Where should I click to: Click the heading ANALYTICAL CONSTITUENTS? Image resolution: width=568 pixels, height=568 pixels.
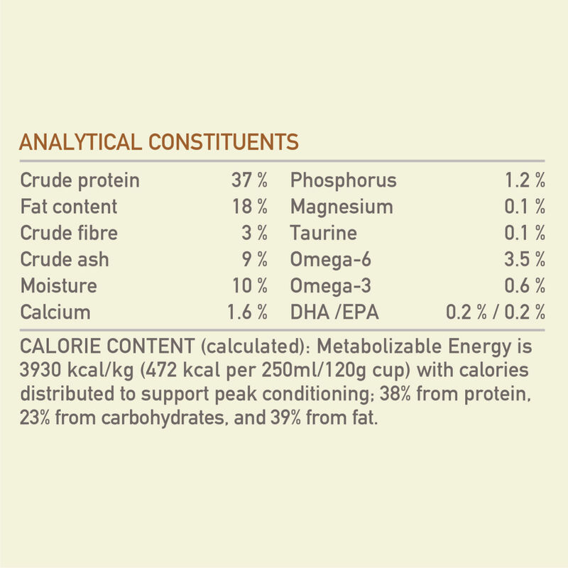tap(159, 141)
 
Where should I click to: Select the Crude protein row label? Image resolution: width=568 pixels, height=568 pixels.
tap(80, 180)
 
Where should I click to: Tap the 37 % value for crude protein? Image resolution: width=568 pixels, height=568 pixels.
tap(249, 180)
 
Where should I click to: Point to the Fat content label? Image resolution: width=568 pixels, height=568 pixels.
tap(69, 207)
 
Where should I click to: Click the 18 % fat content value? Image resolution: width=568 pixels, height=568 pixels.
tap(249, 207)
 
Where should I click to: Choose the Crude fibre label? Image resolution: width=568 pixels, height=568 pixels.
tap(69, 233)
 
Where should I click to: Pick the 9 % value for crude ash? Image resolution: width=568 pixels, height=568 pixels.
tap(256, 259)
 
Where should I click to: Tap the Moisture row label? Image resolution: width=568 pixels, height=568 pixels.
tap(58, 286)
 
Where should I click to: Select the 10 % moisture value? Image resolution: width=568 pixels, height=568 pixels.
tap(249, 286)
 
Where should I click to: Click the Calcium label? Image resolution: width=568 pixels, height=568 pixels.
tap(55, 312)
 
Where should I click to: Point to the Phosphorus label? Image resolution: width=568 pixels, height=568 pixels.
tap(343, 180)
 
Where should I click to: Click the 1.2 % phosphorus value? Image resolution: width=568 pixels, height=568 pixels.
tap(525, 180)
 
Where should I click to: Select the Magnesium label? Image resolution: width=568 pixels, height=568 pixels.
tap(342, 207)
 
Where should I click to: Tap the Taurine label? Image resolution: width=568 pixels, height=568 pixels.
tap(323, 233)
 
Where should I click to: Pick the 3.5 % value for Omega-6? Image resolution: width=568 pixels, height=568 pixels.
tap(525, 259)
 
